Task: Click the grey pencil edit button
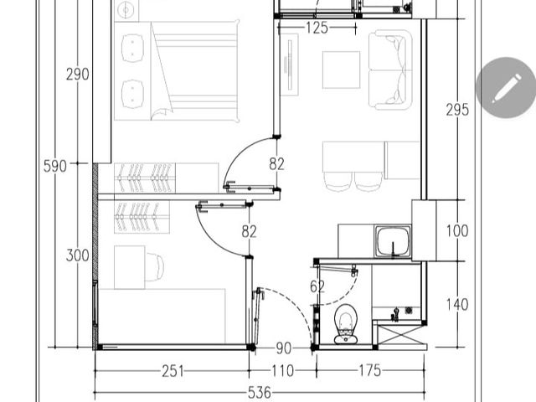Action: pyautogui.click(x=506, y=88)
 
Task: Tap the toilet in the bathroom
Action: pyautogui.click(x=346, y=323)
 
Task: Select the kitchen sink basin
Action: pyautogui.click(x=393, y=241)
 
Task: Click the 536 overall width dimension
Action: pyautogui.click(x=259, y=393)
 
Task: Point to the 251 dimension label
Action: pyautogui.click(x=173, y=371)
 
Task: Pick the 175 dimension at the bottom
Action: pyautogui.click(x=369, y=370)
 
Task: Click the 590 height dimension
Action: pyautogui.click(x=55, y=166)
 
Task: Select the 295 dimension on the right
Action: pyautogui.click(x=457, y=110)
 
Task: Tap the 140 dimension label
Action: pyautogui.click(x=457, y=305)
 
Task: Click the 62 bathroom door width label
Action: pyautogui.click(x=317, y=286)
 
